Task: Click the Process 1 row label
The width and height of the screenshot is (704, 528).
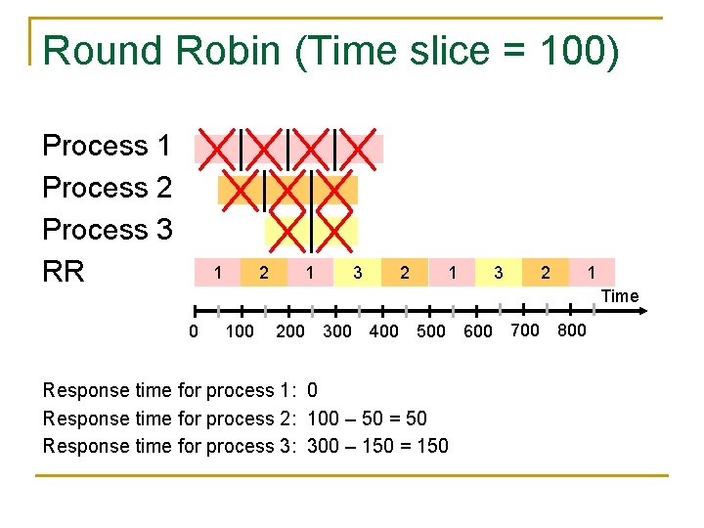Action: (108, 146)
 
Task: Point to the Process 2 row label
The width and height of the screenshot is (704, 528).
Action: (108, 188)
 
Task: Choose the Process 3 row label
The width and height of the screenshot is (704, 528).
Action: (108, 230)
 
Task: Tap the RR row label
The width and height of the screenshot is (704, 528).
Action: (65, 272)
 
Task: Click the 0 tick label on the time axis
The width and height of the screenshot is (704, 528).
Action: (194, 330)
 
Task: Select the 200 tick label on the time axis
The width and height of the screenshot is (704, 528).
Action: (289, 330)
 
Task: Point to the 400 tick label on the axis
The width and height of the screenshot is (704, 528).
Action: (383, 330)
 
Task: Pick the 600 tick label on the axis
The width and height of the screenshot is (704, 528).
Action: (478, 330)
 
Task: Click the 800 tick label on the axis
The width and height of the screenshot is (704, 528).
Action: (572, 330)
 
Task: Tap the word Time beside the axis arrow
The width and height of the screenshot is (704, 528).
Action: (620, 296)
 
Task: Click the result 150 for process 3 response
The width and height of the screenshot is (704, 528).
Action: (432, 446)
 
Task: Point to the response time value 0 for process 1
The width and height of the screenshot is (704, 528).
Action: (312, 390)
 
